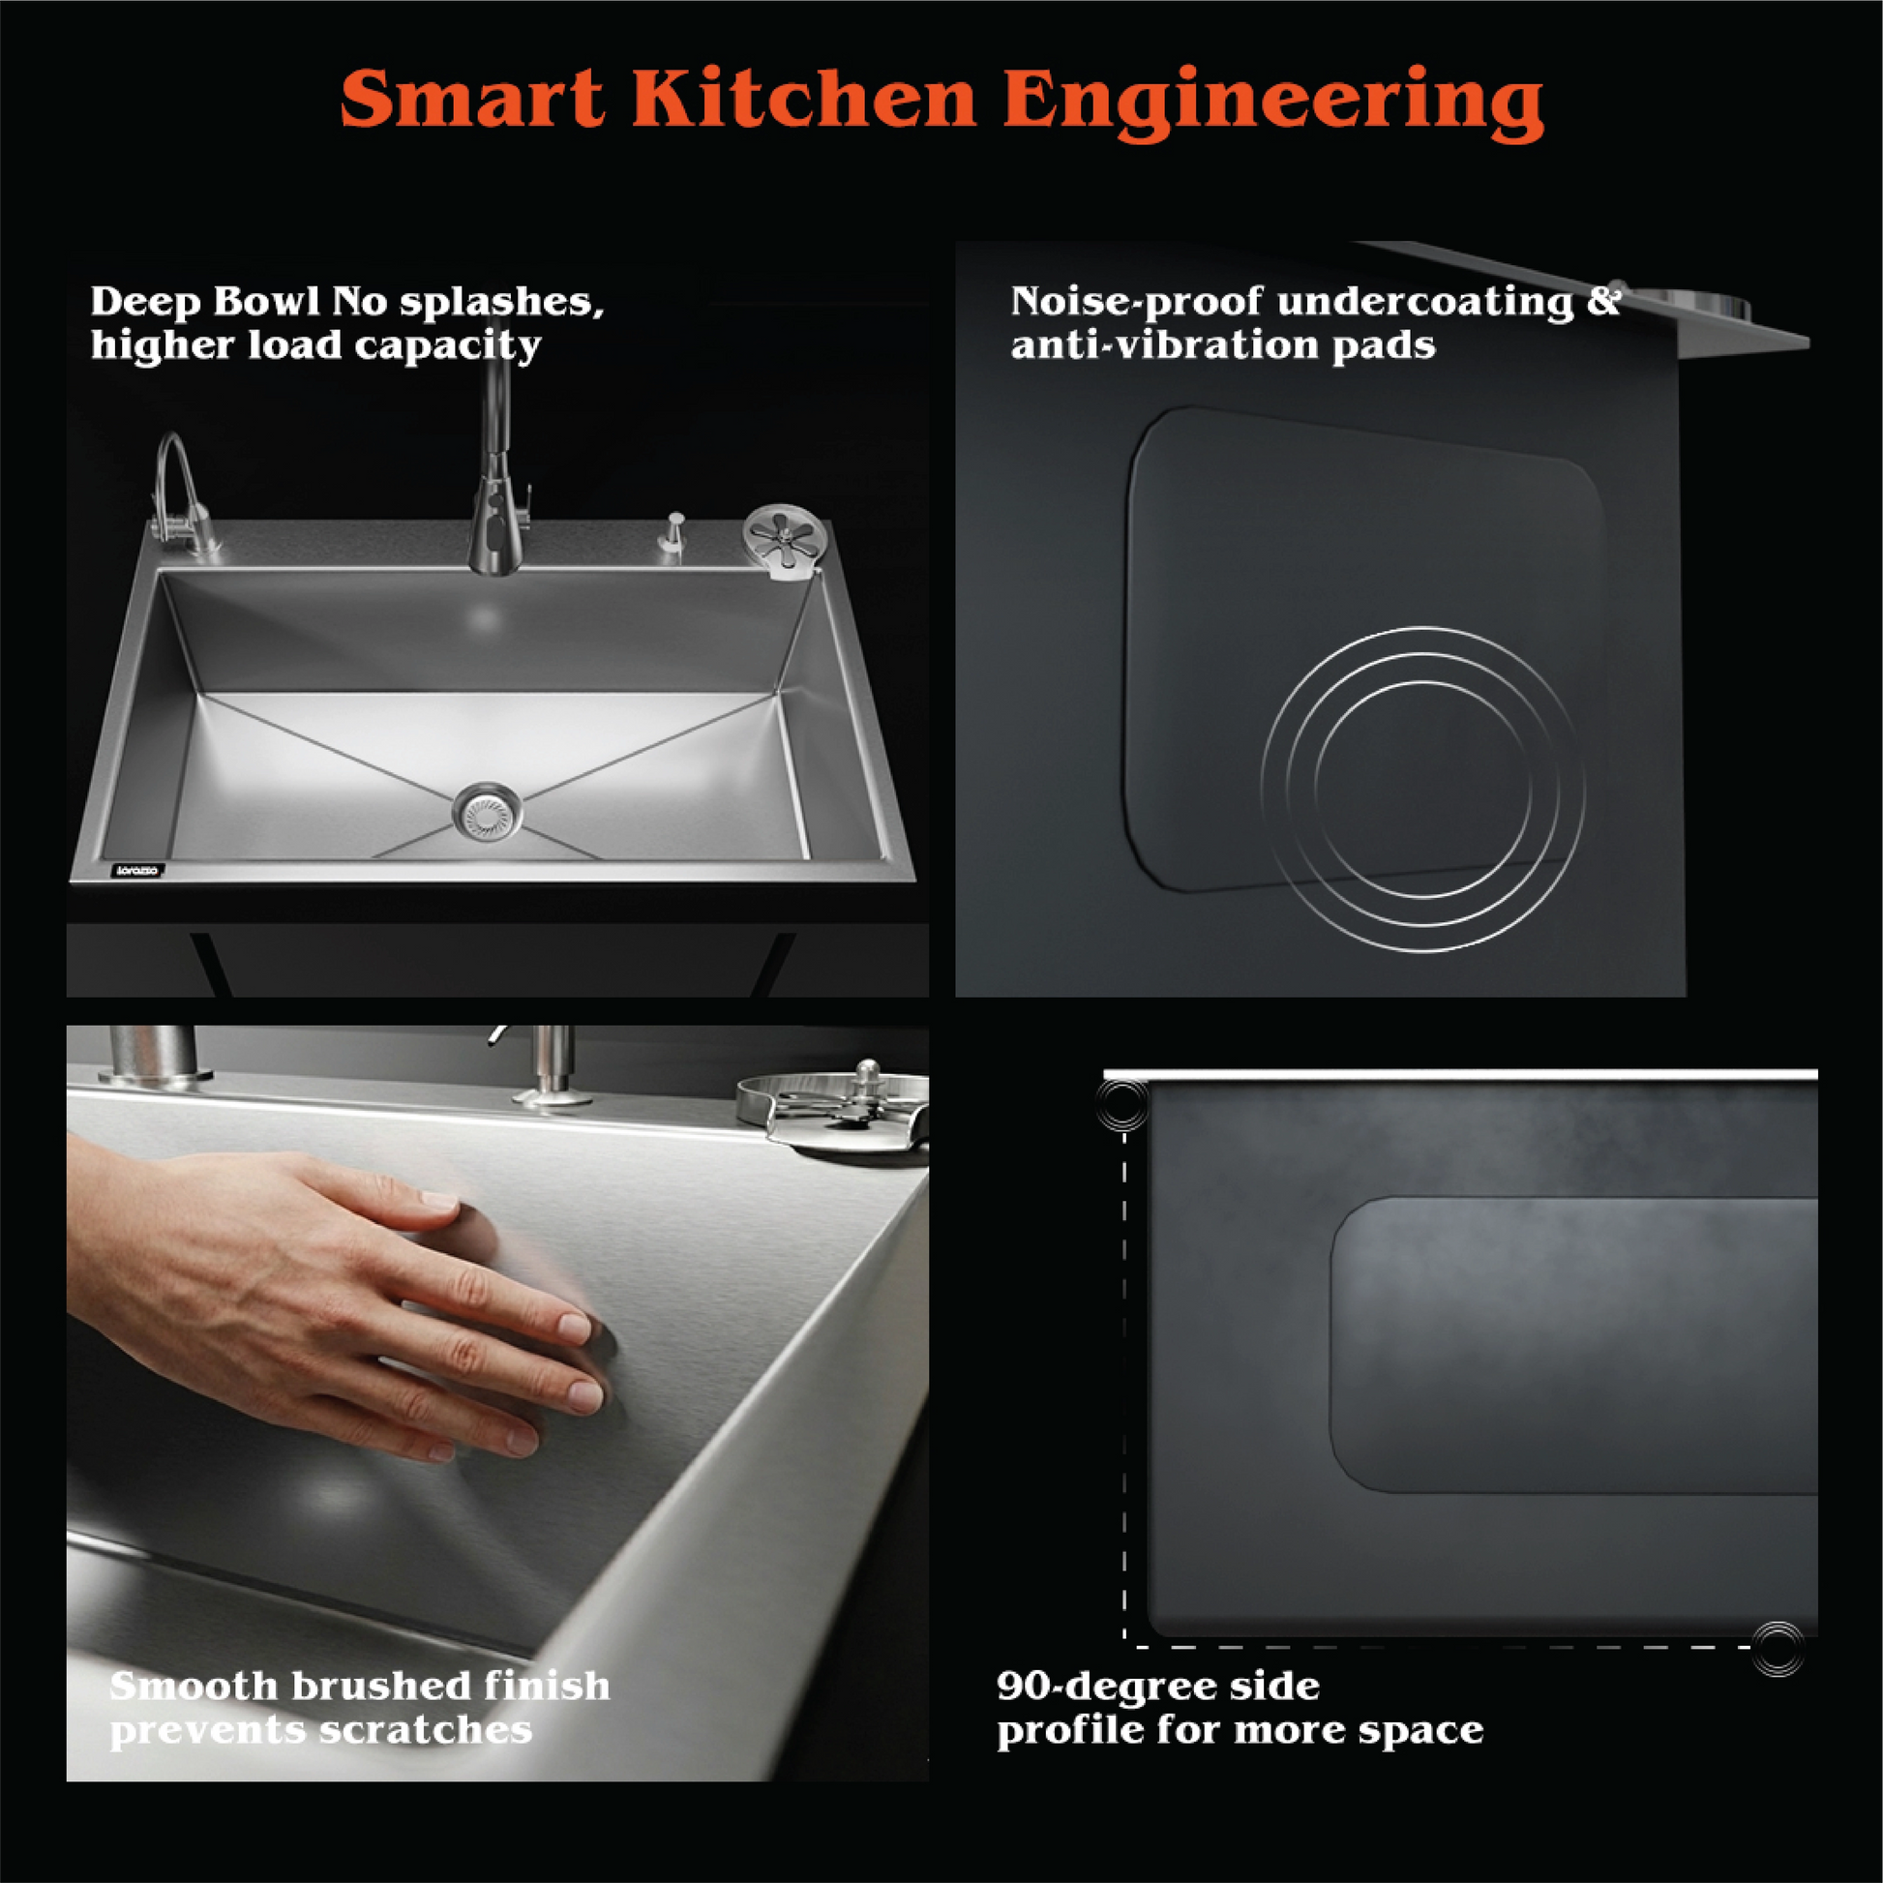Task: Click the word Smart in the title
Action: pos(472,100)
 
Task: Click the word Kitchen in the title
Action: pos(803,100)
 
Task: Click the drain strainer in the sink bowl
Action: pos(486,811)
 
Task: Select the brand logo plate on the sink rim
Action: pos(137,870)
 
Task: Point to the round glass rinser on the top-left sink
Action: pos(784,537)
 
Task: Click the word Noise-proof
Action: pos(1134,302)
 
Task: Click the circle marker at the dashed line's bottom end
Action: pos(1778,1649)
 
